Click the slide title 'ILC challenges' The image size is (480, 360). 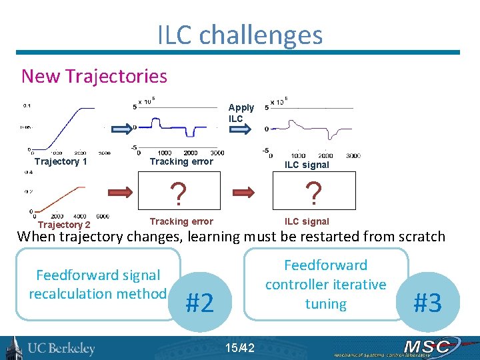tap(240, 35)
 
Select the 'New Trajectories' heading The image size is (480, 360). tap(94, 76)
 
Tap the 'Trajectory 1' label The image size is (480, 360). tap(61, 161)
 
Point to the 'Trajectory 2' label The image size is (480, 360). tap(64, 225)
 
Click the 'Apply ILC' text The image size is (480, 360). tap(241, 113)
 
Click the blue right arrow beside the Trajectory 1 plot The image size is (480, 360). tap(122, 127)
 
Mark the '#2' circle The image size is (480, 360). tap(200, 303)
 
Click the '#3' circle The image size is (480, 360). tap(428, 302)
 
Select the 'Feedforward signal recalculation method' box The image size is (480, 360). tap(98, 285)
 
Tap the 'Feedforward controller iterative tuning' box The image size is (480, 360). tap(325, 285)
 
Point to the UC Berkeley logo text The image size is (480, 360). tap(61, 349)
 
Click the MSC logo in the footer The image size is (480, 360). tap(426, 347)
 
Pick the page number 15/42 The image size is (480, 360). tap(239, 347)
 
